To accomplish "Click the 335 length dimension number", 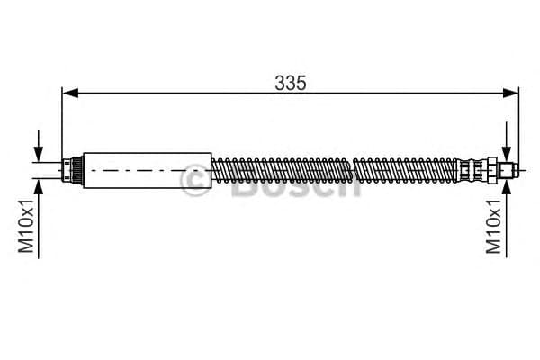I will [x=291, y=82].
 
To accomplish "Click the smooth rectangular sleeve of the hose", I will [x=148, y=169].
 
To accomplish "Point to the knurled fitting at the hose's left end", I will [x=74, y=169].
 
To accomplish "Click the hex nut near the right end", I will [x=491, y=169].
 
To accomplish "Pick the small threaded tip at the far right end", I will [x=509, y=169].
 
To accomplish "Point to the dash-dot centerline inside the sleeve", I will [x=148, y=170].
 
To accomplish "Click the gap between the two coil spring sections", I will [x=350, y=169].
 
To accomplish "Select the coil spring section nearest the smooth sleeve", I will [x=279, y=169].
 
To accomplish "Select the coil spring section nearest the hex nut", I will [x=405, y=169].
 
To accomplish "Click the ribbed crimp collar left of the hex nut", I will [x=469, y=169].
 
